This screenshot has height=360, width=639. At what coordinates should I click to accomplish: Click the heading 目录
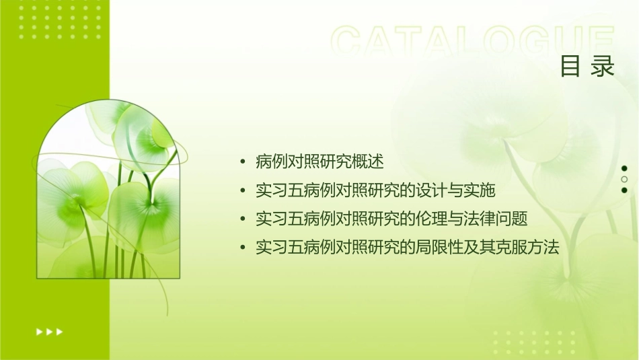(x=587, y=66)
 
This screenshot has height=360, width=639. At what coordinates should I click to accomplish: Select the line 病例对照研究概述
(x=319, y=161)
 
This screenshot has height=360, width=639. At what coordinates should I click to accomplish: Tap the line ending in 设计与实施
(x=375, y=190)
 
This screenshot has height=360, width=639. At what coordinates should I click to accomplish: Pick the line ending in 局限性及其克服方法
(x=408, y=248)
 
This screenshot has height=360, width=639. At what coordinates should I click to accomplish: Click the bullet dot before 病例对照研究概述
(x=243, y=162)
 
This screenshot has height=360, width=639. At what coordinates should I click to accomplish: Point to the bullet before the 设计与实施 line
(x=243, y=191)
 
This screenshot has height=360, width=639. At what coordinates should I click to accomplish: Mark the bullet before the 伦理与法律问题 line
(x=243, y=219)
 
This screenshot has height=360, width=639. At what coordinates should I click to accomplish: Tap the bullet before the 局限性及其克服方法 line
(x=243, y=248)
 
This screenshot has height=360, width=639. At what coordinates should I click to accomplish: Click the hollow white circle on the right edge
(x=624, y=179)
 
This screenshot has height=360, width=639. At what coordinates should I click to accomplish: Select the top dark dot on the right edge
(x=624, y=168)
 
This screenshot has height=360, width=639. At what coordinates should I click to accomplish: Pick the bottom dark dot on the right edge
(x=624, y=190)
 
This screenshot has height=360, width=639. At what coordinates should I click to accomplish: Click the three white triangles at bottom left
(x=49, y=331)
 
